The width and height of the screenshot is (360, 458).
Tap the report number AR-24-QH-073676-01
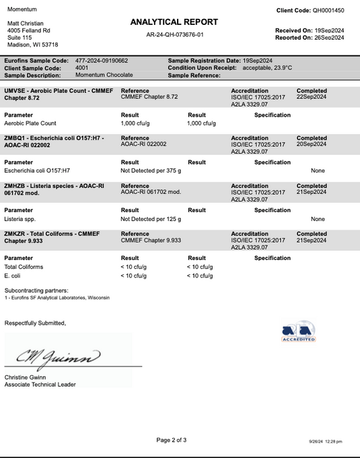click(175, 34)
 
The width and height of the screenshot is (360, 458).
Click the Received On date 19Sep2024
click(328, 31)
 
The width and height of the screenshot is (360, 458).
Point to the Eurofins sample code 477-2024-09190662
click(102, 61)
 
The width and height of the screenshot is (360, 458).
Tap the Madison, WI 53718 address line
click(32, 44)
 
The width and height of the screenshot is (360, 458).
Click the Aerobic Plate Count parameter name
click(31, 123)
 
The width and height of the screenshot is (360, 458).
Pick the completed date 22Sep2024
click(312, 96)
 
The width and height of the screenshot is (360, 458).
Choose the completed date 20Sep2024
click(312, 143)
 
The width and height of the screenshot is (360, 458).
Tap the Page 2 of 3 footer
click(172, 440)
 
